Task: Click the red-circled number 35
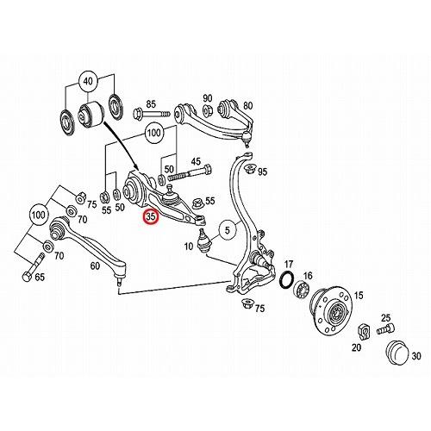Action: coord(151,218)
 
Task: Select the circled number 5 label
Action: coord(227,230)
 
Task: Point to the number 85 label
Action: coord(151,103)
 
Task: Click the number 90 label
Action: coord(207,97)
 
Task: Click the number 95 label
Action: coord(262,172)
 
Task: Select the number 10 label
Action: coord(189,247)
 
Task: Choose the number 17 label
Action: coord(289,264)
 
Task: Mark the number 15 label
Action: coord(358,296)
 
